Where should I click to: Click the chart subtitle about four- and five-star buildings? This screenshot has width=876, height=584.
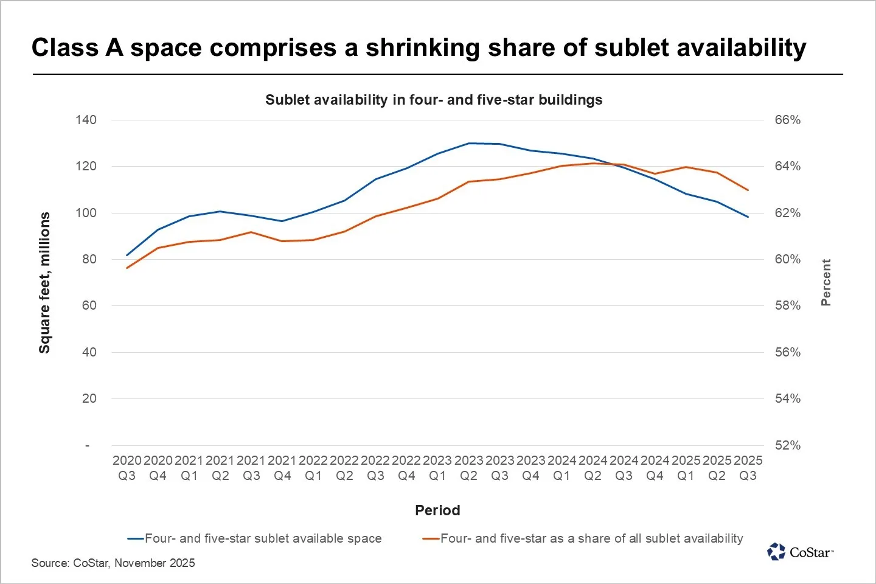point(434,100)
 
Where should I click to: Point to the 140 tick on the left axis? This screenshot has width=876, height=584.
point(86,120)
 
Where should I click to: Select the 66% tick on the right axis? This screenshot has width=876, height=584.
point(787,120)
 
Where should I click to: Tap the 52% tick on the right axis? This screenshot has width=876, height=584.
point(787,445)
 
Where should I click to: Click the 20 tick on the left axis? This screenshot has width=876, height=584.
point(89,398)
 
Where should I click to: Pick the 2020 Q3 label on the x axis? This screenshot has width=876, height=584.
point(127,468)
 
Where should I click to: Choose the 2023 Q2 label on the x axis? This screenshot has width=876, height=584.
point(468,468)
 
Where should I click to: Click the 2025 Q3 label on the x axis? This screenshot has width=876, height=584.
point(748,468)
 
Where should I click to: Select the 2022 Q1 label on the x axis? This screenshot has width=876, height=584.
point(313,468)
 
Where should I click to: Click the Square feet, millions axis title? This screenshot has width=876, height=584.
point(44,283)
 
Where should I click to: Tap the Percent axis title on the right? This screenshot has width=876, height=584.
point(826,282)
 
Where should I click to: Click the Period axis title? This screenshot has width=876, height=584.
point(437,510)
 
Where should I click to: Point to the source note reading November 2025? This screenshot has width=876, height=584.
point(113,563)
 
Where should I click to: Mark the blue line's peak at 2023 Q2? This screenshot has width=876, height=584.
point(468,144)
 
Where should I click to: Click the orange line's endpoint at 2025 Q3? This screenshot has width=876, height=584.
point(748,190)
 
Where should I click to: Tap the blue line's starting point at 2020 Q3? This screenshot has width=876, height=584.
point(127,255)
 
